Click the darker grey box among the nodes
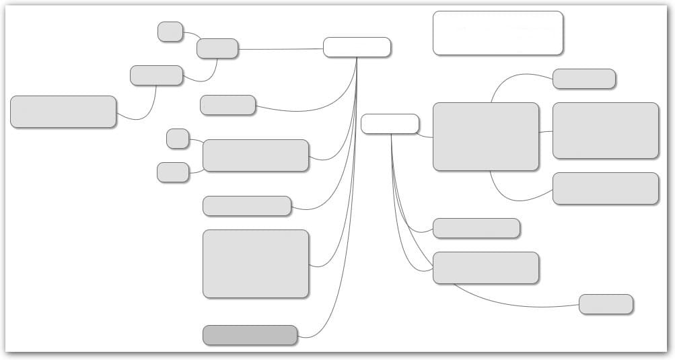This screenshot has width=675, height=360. [x=250, y=335]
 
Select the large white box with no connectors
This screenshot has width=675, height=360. [x=497, y=32]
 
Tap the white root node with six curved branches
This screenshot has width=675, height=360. [x=357, y=47]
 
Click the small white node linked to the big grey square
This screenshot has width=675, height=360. [x=390, y=124]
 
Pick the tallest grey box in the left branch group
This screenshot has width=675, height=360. [x=255, y=264]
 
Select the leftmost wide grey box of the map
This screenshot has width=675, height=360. [x=63, y=112]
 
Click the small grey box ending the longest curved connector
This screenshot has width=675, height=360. [x=605, y=304]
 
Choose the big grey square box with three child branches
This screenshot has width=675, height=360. [x=485, y=137]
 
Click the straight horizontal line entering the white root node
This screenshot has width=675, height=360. [x=281, y=49]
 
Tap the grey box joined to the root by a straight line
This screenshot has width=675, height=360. [x=217, y=48]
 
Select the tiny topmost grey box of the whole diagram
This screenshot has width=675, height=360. [x=170, y=32]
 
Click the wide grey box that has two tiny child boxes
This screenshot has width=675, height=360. [x=255, y=155]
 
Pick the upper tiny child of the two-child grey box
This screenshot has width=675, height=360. [x=178, y=139]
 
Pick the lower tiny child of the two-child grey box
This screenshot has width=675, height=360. [x=173, y=172]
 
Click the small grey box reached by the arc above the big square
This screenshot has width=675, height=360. [x=583, y=79]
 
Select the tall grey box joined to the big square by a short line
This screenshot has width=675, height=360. [x=605, y=131]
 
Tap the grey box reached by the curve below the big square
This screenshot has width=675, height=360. [x=605, y=188]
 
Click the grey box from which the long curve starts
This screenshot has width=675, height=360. [x=485, y=268]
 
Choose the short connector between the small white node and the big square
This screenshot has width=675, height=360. [x=425, y=136]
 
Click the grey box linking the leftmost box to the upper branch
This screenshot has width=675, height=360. [x=156, y=75]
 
